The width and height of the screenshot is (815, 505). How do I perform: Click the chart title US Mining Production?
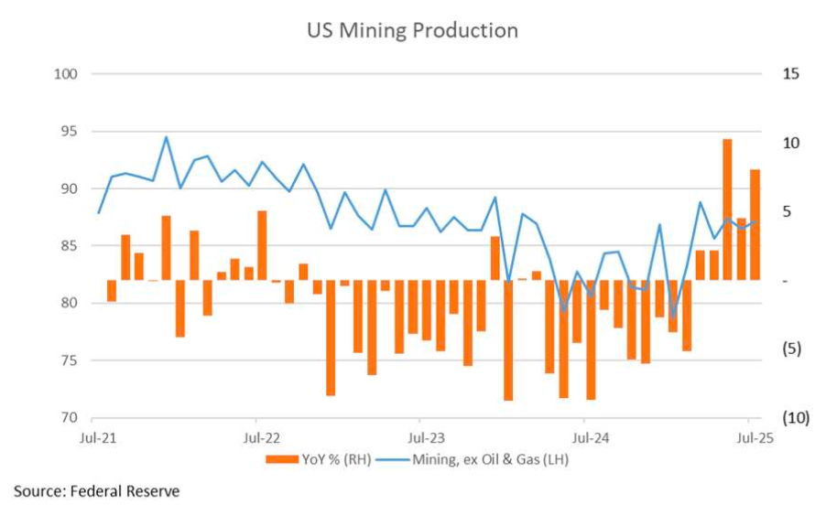[x=412, y=30]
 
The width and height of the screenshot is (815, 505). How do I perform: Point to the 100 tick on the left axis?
[x=67, y=74]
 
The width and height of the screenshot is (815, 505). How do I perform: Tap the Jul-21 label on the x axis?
[x=98, y=436]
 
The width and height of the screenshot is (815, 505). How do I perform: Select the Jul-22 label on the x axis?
[x=261, y=436]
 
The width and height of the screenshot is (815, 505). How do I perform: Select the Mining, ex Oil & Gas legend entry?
[x=490, y=459]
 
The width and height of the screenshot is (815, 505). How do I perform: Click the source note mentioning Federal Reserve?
[x=96, y=491]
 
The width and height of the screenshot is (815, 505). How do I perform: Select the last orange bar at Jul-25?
[x=755, y=224]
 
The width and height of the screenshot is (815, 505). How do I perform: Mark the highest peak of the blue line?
[x=166, y=137]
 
